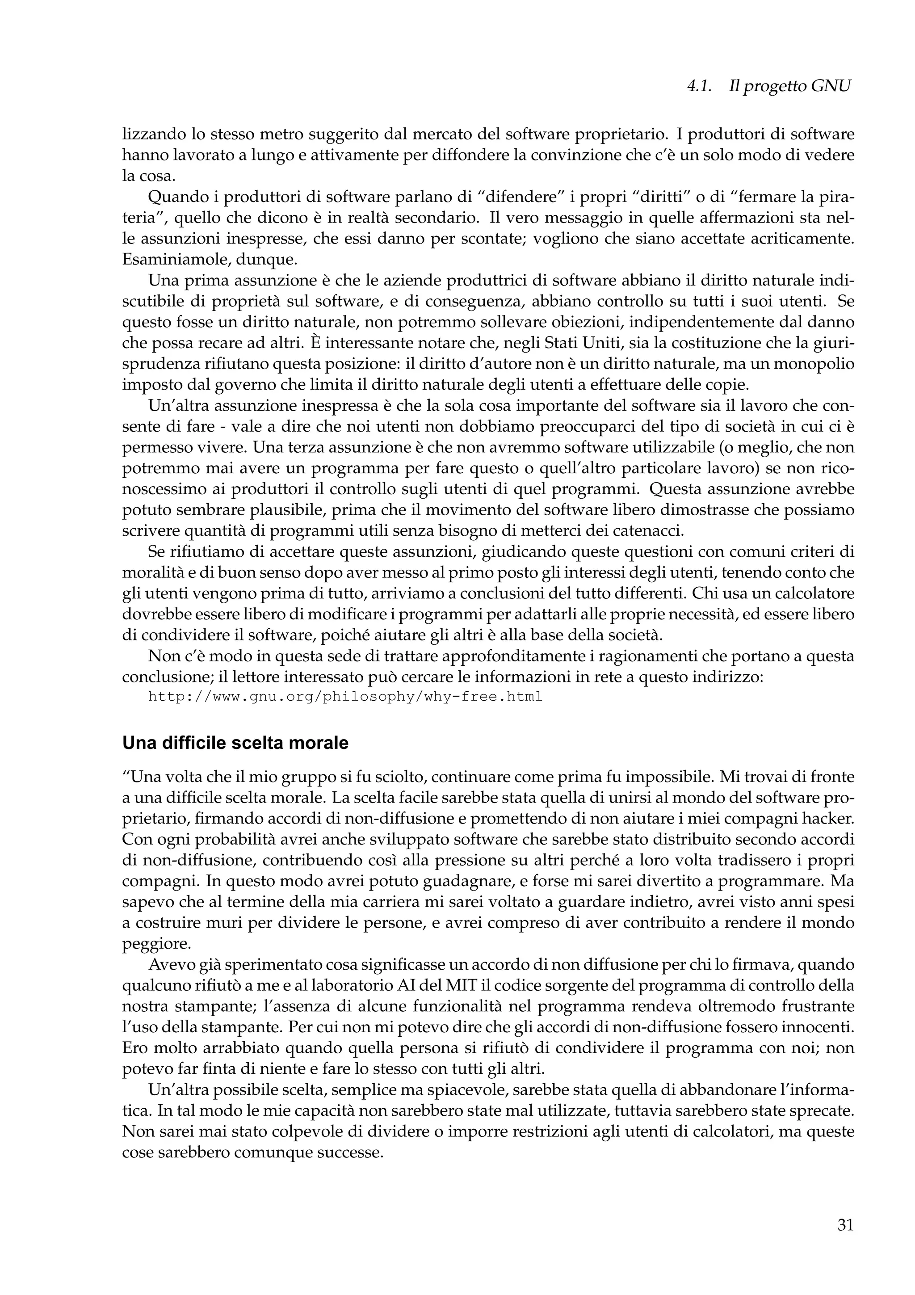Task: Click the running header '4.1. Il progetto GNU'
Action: (x=769, y=86)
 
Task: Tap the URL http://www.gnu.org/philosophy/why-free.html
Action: (x=345, y=697)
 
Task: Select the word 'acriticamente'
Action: (x=801, y=239)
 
